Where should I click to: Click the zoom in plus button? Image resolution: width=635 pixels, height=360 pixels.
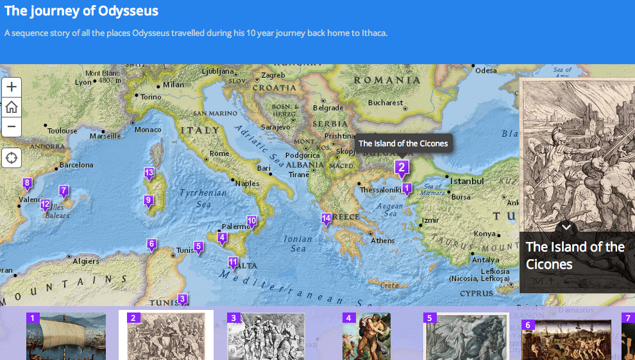click(12, 87)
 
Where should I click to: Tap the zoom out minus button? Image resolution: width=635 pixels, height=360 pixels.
click(12, 126)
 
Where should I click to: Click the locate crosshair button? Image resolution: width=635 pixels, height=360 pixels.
click(12, 158)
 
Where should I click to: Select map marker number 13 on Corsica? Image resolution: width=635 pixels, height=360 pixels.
click(149, 173)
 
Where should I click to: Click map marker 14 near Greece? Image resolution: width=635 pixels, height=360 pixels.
click(326, 219)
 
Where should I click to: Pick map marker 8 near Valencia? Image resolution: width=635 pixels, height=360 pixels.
click(27, 184)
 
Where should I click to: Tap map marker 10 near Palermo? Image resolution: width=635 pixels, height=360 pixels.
click(252, 221)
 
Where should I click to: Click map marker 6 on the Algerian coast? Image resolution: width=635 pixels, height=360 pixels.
click(151, 244)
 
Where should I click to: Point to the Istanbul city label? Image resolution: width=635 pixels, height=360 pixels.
click(467, 182)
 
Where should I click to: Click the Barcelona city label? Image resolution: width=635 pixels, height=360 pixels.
click(76, 165)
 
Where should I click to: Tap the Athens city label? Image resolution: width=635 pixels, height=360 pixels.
click(383, 241)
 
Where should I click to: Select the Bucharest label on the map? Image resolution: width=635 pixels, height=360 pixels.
click(385, 103)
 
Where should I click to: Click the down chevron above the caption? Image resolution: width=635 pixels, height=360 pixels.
click(566, 227)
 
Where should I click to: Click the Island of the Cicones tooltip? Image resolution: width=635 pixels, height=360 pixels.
click(403, 144)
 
